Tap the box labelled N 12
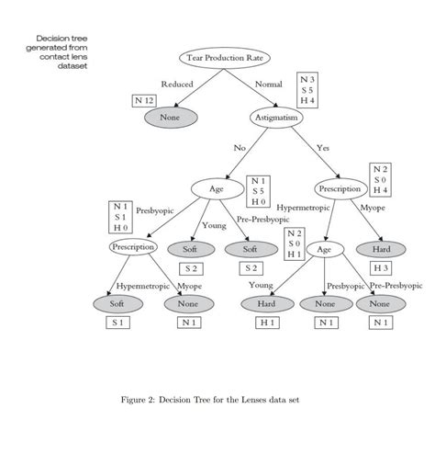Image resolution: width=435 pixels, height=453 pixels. point(144,99)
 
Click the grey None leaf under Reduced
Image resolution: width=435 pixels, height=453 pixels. point(170,119)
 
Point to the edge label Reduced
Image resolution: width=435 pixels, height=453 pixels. point(176,85)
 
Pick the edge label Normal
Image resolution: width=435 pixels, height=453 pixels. point(268,85)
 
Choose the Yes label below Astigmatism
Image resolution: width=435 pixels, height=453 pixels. point(322,147)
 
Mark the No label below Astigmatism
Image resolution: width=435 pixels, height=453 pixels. point(240,147)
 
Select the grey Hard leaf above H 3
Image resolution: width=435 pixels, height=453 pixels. point(381,248)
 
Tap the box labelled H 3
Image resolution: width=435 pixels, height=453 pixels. point(381,267)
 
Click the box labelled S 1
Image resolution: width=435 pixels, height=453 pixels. point(117,323)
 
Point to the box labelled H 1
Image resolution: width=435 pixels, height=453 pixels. point(267,323)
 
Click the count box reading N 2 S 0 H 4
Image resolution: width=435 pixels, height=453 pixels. point(380,180)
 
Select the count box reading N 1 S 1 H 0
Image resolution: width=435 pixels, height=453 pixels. point(120,217)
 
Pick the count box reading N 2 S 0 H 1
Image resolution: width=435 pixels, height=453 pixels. point(294,243)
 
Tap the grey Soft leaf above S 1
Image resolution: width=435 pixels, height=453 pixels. point(117,303)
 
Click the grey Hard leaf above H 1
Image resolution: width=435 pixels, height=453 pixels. point(267,303)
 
